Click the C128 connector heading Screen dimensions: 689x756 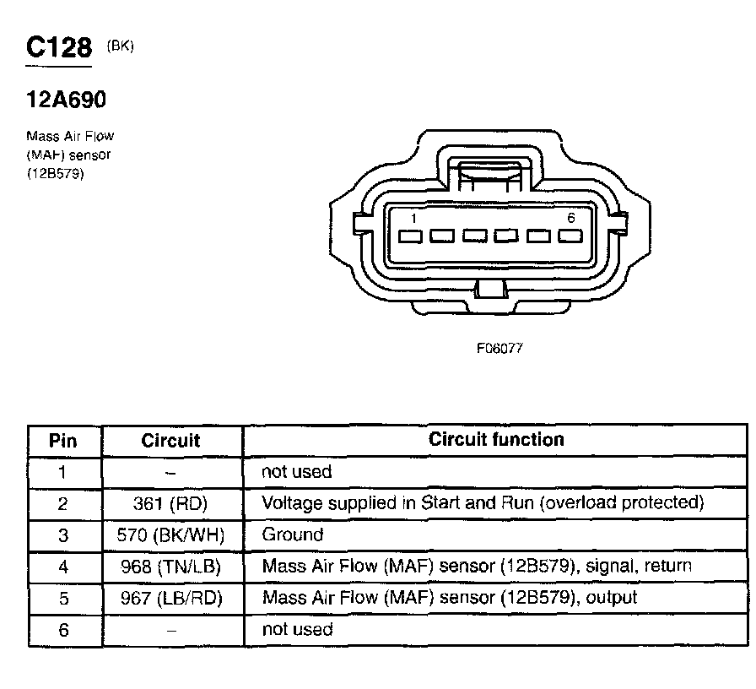click(58, 47)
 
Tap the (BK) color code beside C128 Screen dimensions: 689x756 click(121, 46)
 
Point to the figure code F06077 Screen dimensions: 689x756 click(500, 347)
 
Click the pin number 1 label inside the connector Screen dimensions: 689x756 click(413, 219)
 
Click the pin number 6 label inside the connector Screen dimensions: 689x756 click(571, 219)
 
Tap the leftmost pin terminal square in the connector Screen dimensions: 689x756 click(411, 236)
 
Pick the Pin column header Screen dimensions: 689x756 click(63, 441)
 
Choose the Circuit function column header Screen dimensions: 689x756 click(496, 440)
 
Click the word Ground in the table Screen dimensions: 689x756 click(292, 534)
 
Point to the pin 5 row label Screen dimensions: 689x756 click(63, 599)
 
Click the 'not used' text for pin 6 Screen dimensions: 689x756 click(297, 630)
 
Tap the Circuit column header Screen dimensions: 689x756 click(170, 441)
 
